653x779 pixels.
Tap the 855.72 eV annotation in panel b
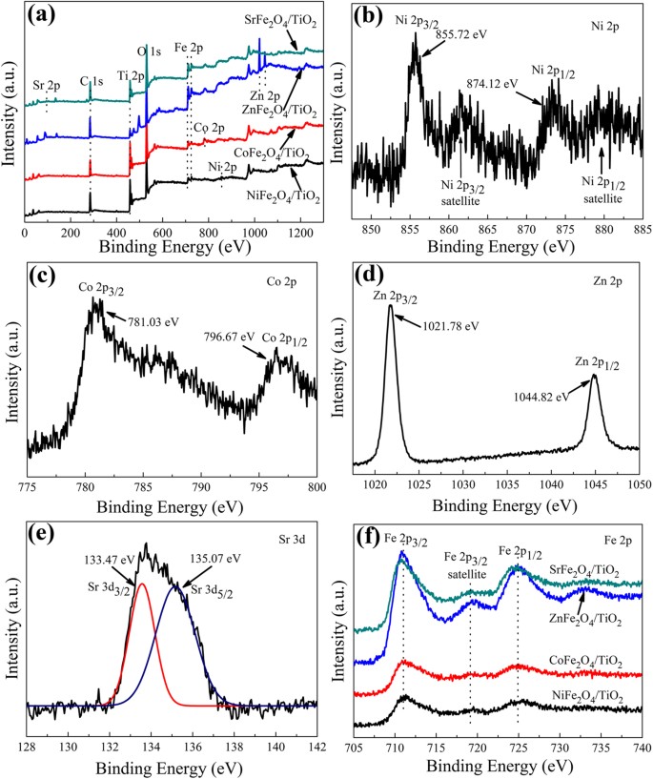pyautogui.click(x=460, y=34)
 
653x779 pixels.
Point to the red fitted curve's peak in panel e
pyautogui.click(x=141, y=584)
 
